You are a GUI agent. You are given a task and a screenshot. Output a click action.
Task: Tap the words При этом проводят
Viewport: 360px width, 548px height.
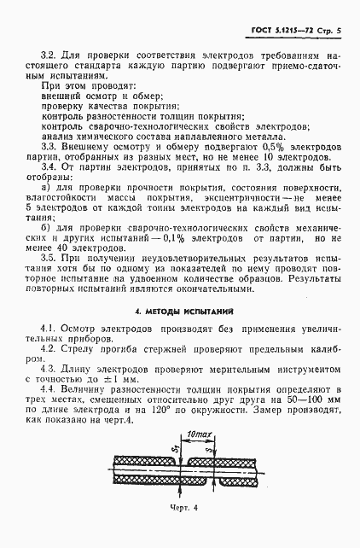coord(84,86)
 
